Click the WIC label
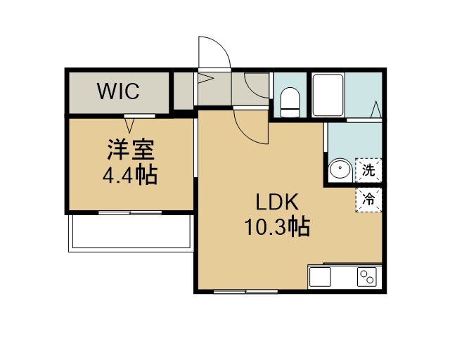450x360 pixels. pyautogui.click(x=118, y=91)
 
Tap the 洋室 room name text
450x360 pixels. pyautogui.click(x=131, y=150)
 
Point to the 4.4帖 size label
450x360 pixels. pyautogui.click(x=130, y=174)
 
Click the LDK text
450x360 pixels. pyautogui.click(x=277, y=202)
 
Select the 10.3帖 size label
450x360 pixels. pyautogui.click(x=277, y=226)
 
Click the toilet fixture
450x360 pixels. pyautogui.click(x=290, y=102)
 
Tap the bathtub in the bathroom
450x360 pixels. pyautogui.click(x=328, y=95)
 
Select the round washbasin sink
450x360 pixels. pyautogui.click(x=340, y=168)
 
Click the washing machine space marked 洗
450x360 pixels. pyautogui.click(x=368, y=170)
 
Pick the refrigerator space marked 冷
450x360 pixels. pyautogui.click(x=368, y=200)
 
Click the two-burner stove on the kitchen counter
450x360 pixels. pyautogui.click(x=367, y=277)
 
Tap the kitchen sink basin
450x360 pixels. pyautogui.click(x=320, y=277)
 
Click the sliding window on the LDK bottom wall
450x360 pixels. pyautogui.click(x=245, y=292)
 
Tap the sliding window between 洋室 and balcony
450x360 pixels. pyautogui.click(x=130, y=212)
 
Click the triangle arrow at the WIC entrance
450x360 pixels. pyautogui.click(x=129, y=126)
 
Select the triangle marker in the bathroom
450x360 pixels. pyautogui.click(x=376, y=109)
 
